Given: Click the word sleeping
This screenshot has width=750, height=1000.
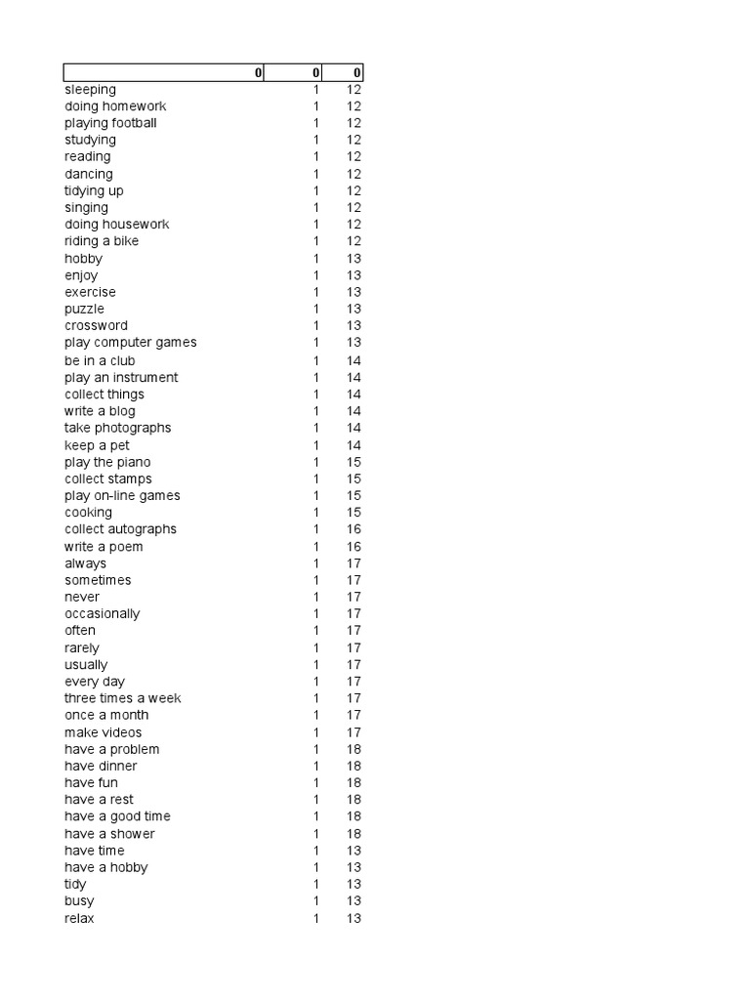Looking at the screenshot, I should coord(90,90).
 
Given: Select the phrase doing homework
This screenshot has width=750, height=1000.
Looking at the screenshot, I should coord(115,106).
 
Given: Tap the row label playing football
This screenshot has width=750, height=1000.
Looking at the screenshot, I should coord(110,123).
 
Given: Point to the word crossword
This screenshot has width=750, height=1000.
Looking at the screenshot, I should coord(96,325).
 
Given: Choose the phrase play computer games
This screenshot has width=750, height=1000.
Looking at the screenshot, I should coord(130,343).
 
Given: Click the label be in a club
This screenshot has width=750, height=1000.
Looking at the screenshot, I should coord(100,360).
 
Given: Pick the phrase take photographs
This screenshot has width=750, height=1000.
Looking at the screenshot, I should coord(117,428).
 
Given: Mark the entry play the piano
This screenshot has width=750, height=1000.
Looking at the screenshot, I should coord(107,462).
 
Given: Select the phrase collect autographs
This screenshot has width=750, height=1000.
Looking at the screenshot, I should coord(120,529).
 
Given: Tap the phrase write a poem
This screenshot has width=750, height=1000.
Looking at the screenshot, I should coord(104,547).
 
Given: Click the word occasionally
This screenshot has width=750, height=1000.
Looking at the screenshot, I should coord(102,613).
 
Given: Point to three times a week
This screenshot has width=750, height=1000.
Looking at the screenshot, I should coord(122,698).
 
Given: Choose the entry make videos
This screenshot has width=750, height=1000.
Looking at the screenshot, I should coord(103,732).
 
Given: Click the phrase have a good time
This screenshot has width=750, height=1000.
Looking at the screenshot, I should coord(117,816).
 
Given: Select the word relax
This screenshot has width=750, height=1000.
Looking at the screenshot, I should coord(79,919).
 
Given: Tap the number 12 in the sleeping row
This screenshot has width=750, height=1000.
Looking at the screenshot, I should coord(354,90).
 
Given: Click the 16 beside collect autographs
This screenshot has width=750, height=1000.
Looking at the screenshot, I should coord(354,529).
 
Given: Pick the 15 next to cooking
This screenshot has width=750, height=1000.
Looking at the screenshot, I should coord(354,513).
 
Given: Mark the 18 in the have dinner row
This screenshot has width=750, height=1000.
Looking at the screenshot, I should coord(354,767).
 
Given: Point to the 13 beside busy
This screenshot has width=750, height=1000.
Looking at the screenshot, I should coord(354,901).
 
